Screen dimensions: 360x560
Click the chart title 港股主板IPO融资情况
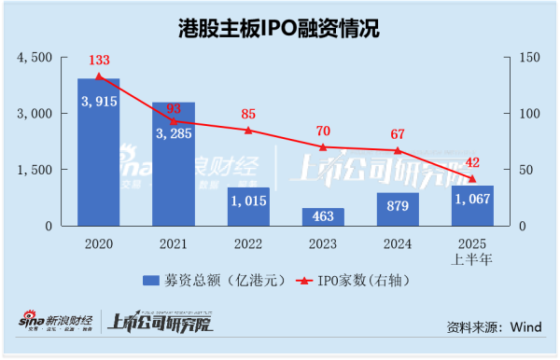click(280, 28)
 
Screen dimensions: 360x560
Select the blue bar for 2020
click(98, 154)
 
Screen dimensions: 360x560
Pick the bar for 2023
click(323, 217)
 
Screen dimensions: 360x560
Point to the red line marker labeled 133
click(98, 76)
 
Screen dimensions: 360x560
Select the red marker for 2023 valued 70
click(323, 146)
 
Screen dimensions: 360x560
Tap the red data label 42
click(472, 163)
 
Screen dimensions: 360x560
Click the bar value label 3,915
click(98, 102)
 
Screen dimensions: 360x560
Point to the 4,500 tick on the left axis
click(38, 58)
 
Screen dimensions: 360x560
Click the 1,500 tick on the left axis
click(38, 171)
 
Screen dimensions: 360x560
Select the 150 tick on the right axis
click(527, 58)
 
